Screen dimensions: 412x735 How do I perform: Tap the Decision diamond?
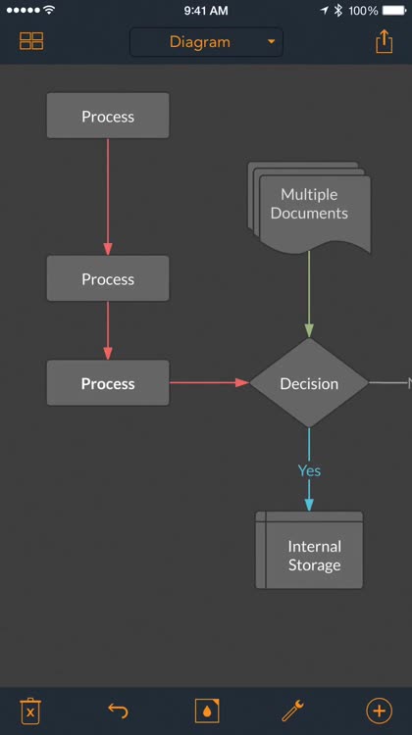[x=309, y=383]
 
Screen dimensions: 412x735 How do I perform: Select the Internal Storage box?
[x=309, y=550]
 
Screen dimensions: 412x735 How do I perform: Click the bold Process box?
[x=108, y=383]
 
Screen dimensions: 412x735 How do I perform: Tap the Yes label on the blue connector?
[x=309, y=470]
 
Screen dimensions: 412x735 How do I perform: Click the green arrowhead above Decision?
[x=309, y=331]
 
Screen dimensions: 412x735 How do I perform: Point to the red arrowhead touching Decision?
[x=242, y=383]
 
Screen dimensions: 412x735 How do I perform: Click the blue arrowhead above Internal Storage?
[x=309, y=505]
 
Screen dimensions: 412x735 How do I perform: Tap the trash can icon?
[x=30, y=711]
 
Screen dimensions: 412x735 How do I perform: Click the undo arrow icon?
[x=118, y=710]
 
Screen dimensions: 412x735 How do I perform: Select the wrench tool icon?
[x=292, y=710]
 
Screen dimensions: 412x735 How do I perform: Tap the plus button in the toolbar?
[x=379, y=710]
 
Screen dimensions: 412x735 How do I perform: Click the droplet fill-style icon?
[x=207, y=710]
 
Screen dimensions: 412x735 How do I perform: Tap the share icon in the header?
[x=384, y=42]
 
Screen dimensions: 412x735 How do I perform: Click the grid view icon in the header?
[x=31, y=41]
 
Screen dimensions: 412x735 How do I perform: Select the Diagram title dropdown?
[x=206, y=42]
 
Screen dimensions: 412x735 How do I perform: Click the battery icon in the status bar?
[x=394, y=11]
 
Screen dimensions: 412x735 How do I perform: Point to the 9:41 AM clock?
[x=206, y=11]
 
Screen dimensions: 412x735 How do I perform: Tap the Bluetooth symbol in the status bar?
[x=337, y=11]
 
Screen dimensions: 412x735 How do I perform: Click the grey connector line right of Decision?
[x=388, y=383]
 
